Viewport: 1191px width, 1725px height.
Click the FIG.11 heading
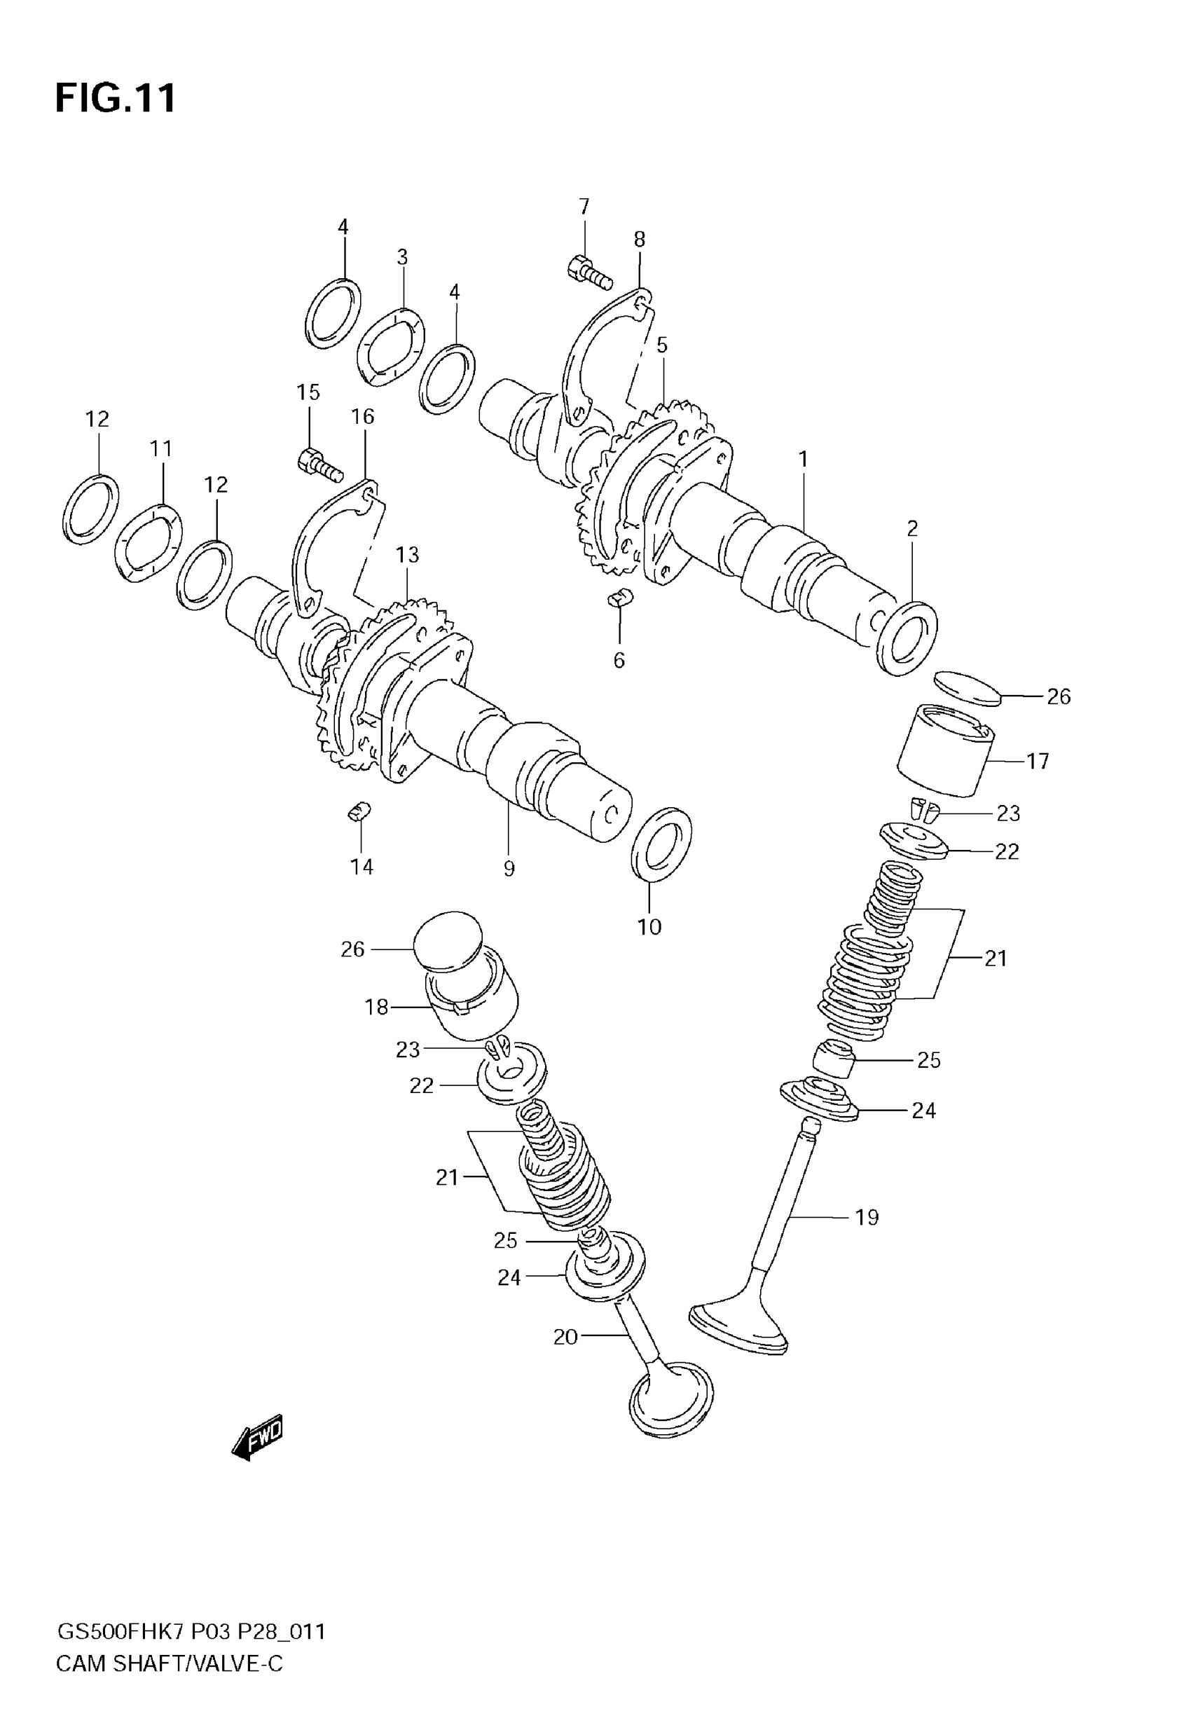pyautogui.click(x=116, y=97)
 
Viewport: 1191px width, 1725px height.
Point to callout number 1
pyautogui.click(x=803, y=460)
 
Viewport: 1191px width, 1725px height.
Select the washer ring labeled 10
pyautogui.click(x=661, y=843)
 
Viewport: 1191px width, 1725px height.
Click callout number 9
pyautogui.click(x=509, y=869)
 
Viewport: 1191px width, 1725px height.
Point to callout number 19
pyautogui.click(x=867, y=1218)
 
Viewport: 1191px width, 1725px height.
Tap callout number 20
pyautogui.click(x=565, y=1337)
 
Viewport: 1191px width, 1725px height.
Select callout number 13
pyautogui.click(x=408, y=555)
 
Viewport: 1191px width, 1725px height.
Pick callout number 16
pyautogui.click(x=363, y=416)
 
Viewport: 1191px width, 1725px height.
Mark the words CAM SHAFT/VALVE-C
pyautogui.click(x=170, y=1664)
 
